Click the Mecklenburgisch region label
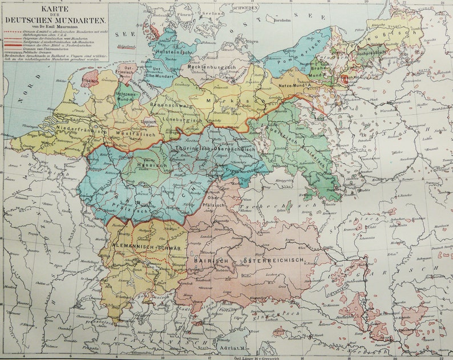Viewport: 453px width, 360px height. pyautogui.click(x=213, y=67)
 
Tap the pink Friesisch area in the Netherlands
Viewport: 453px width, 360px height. pyautogui.click(x=90, y=79)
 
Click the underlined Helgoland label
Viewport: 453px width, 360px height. pyautogui.click(x=126, y=46)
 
